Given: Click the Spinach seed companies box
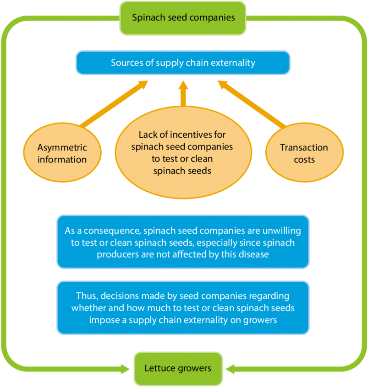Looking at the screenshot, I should point(183,18).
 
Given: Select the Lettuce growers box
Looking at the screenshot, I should point(178,368).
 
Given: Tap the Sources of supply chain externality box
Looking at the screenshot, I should point(183,63).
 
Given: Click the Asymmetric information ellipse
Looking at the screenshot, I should point(62,153).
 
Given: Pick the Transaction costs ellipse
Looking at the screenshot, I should point(304,153).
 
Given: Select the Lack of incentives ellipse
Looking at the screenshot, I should point(183,154).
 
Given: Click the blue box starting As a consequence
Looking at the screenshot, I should point(183,242).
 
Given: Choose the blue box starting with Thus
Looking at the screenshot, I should point(183,308).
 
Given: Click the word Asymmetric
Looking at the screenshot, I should point(62,148).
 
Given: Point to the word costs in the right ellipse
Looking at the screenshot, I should point(304,160).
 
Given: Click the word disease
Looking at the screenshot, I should point(253,254).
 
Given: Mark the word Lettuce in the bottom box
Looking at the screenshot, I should point(159,368).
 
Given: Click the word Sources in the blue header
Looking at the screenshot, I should point(127,63).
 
